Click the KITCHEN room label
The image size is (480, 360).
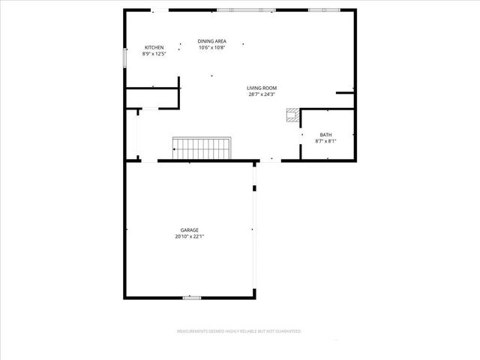tap(154, 47)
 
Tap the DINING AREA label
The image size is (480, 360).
tap(212, 41)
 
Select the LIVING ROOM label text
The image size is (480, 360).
tap(262, 88)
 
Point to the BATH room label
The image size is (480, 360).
tap(325, 135)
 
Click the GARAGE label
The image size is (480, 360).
tap(189, 230)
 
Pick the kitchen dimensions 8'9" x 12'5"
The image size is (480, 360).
tap(154, 54)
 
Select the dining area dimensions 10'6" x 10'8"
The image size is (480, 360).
tap(212, 48)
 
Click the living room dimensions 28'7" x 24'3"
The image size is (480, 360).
tap(262, 94)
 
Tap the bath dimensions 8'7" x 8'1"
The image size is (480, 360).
tap(325, 141)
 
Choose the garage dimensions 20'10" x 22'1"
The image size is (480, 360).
tap(189, 236)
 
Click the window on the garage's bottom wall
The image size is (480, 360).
tap(192, 298)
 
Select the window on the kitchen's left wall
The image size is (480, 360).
tap(125, 57)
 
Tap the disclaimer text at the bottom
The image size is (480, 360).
tap(238, 331)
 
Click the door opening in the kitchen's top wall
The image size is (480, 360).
tap(160, 10)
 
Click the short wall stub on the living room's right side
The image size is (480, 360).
tap(346, 93)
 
